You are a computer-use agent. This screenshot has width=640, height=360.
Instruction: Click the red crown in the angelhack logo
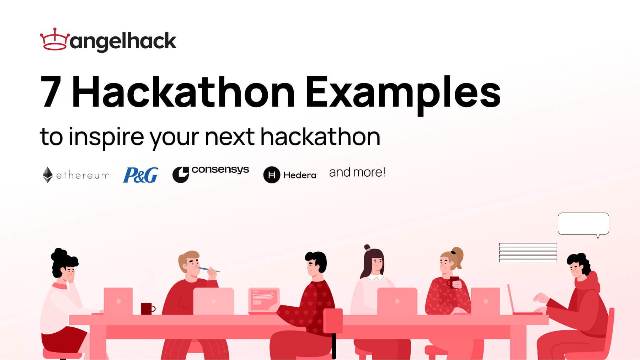tap(54, 39)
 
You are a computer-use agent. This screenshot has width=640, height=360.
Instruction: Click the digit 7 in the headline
tap(51, 91)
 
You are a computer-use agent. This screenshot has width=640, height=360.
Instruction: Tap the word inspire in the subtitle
tap(106, 137)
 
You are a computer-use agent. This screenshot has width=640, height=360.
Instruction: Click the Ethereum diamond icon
tap(47, 175)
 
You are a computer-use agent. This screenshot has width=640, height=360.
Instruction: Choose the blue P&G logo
tap(140, 175)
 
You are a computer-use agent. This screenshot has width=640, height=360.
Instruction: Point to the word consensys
tap(220, 170)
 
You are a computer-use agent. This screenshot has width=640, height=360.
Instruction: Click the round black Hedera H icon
tap(272, 175)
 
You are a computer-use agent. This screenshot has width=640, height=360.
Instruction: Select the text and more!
tap(357, 172)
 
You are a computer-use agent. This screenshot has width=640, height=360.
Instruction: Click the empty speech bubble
tap(583, 224)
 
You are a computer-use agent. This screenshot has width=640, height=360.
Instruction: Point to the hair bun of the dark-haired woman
tap(367, 247)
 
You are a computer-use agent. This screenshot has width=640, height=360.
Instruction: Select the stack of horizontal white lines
tap(528, 253)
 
